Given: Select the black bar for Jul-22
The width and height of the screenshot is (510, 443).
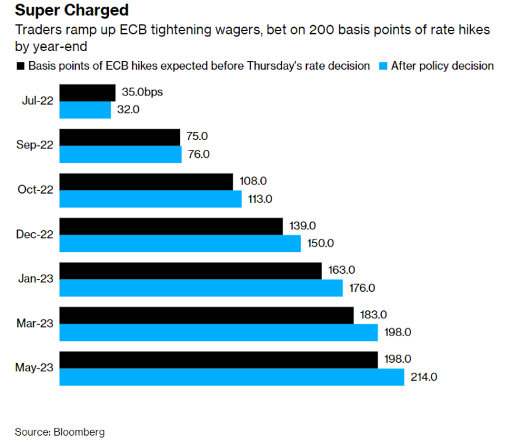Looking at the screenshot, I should point(88,92).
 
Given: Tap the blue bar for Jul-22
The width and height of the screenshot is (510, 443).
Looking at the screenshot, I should point(85,109).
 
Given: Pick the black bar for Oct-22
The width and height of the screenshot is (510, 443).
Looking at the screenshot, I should point(146,181).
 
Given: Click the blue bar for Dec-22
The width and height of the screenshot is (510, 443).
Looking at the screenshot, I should point(180,243).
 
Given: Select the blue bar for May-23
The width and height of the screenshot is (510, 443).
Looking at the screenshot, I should point(232,377).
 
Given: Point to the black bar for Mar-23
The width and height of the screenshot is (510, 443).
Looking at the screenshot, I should point(207,315).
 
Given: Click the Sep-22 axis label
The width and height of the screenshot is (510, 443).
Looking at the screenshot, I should point(35,145).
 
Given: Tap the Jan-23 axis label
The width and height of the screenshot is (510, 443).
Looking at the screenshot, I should point(35,279).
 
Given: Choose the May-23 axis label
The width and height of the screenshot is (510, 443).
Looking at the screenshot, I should point(35,368).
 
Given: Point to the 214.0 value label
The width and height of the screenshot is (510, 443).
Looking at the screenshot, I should point(425,377).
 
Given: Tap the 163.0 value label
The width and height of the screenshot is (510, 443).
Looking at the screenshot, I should point(342,270).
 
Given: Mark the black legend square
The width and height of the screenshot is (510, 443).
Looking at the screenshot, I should point(20,66).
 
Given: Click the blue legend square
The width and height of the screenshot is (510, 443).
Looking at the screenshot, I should point(382,66).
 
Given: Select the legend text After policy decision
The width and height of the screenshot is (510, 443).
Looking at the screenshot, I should point(442,66).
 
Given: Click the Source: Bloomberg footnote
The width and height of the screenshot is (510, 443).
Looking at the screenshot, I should point(60,432).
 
